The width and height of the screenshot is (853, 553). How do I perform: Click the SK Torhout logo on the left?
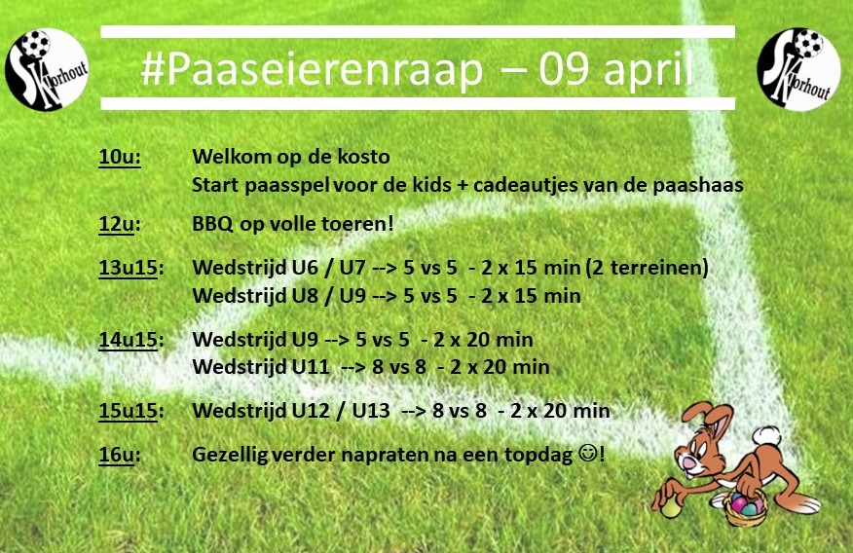click(46, 69)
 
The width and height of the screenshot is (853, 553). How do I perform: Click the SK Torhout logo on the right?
click(798, 69)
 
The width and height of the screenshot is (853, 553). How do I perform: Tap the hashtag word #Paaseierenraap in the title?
click(312, 69)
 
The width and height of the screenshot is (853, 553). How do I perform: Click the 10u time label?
click(120, 157)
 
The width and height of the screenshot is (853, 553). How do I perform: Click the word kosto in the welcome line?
click(364, 157)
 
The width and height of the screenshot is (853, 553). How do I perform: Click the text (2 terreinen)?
click(648, 268)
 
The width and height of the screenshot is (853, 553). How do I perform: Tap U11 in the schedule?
click(311, 366)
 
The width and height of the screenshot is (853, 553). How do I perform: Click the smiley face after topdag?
click(587, 453)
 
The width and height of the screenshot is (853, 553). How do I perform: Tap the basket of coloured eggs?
click(746, 507)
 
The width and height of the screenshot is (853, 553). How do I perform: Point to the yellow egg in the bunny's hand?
click(670, 508)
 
